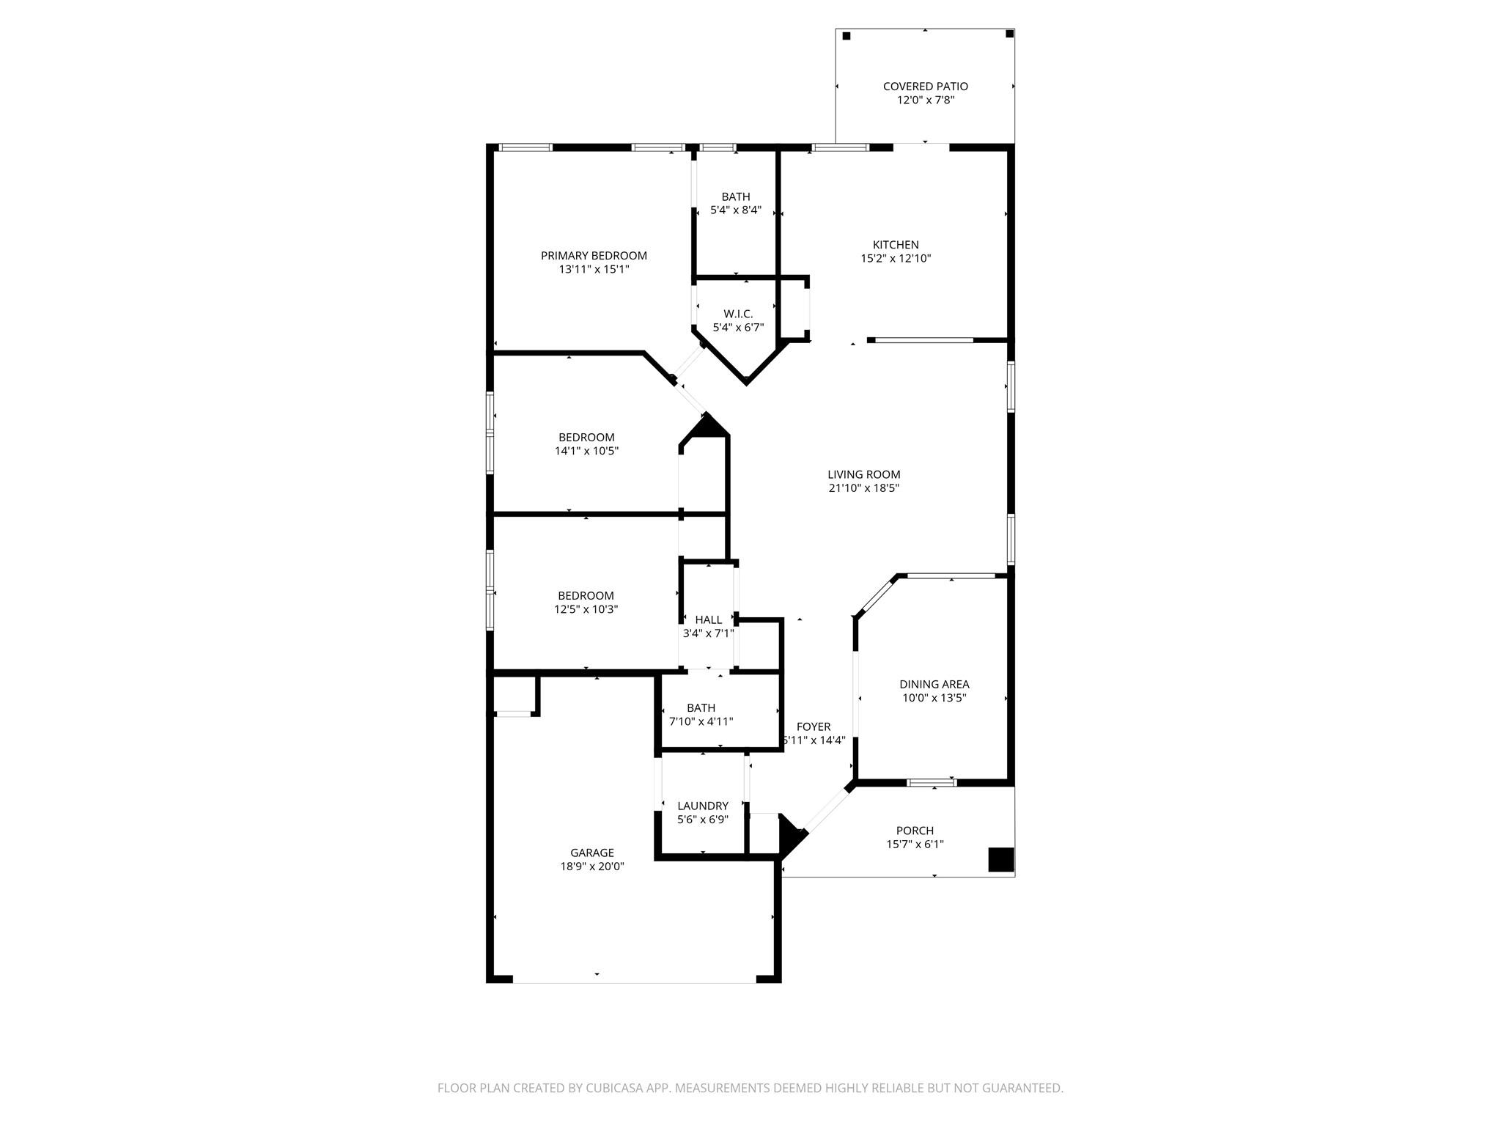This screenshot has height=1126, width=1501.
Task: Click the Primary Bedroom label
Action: point(594,256)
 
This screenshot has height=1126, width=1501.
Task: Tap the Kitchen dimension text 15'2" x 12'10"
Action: point(896,259)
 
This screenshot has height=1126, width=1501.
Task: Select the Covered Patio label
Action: point(925,87)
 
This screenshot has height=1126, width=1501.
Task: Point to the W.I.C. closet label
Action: point(738,314)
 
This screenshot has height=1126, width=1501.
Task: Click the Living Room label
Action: point(864,475)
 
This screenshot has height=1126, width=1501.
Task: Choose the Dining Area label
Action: point(934,685)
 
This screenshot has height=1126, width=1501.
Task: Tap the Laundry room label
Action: point(702,806)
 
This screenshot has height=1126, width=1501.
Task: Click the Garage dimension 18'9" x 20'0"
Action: point(592,866)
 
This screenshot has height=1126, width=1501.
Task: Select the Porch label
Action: point(915,831)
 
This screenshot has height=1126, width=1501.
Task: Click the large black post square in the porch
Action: point(1000,860)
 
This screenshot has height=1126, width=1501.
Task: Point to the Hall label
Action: point(708,620)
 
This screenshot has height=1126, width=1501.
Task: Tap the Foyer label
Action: point(814,727)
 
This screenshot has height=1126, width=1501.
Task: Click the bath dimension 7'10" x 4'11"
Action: point(701,722)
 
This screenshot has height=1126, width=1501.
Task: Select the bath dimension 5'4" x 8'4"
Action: point(736,210)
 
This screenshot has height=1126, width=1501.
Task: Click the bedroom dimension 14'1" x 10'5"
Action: point(586,452)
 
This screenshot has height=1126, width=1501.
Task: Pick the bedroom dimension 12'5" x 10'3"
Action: point(586,609)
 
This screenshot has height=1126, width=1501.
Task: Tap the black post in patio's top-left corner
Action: point(847,36)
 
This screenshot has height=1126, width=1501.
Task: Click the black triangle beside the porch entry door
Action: point(790,834)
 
